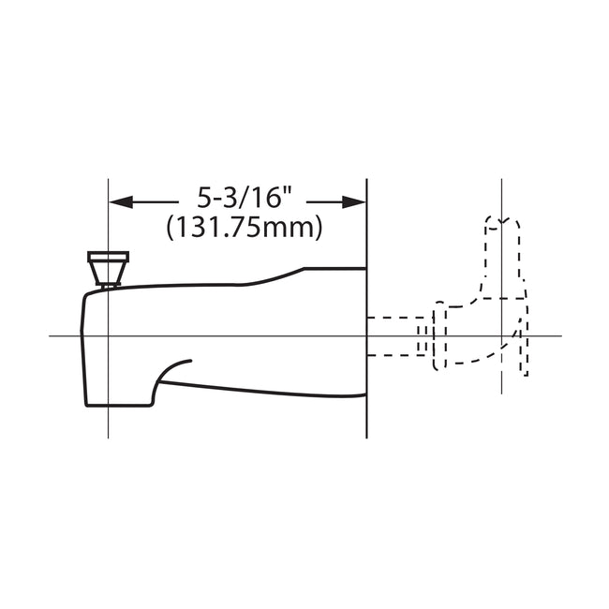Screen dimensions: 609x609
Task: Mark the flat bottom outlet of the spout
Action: [x=117, y=406]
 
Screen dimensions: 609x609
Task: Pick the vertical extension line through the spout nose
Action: [x=109, y=422]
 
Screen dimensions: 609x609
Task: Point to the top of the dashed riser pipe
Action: [x=503, y=221]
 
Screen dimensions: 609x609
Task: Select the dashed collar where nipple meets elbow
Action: [x=438, y=335]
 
